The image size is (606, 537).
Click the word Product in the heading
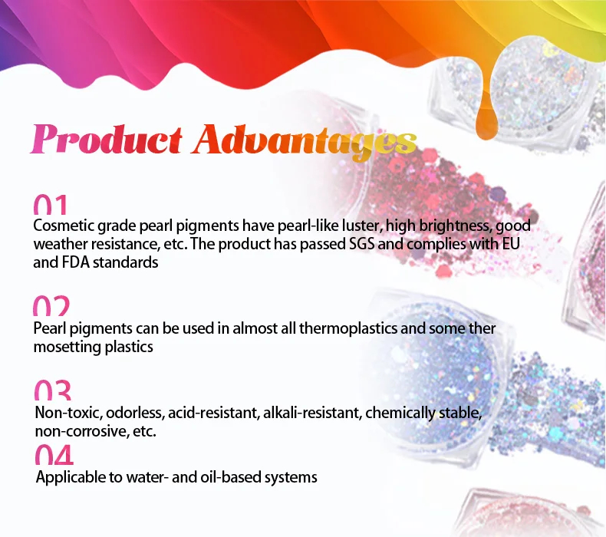pos(107,139)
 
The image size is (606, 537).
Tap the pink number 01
pos(50,205)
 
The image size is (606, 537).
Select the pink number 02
pos(51,306)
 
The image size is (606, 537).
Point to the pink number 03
pos(53,390)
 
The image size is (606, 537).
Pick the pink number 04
pos(54,454)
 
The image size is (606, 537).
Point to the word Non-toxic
pos(69,413)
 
